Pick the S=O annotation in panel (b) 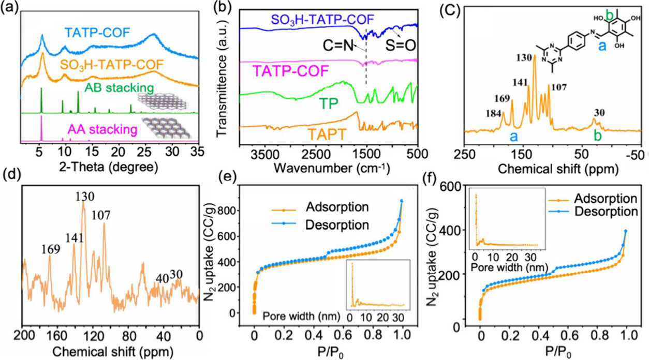pos(401,47)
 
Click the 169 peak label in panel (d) pos(51,248)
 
